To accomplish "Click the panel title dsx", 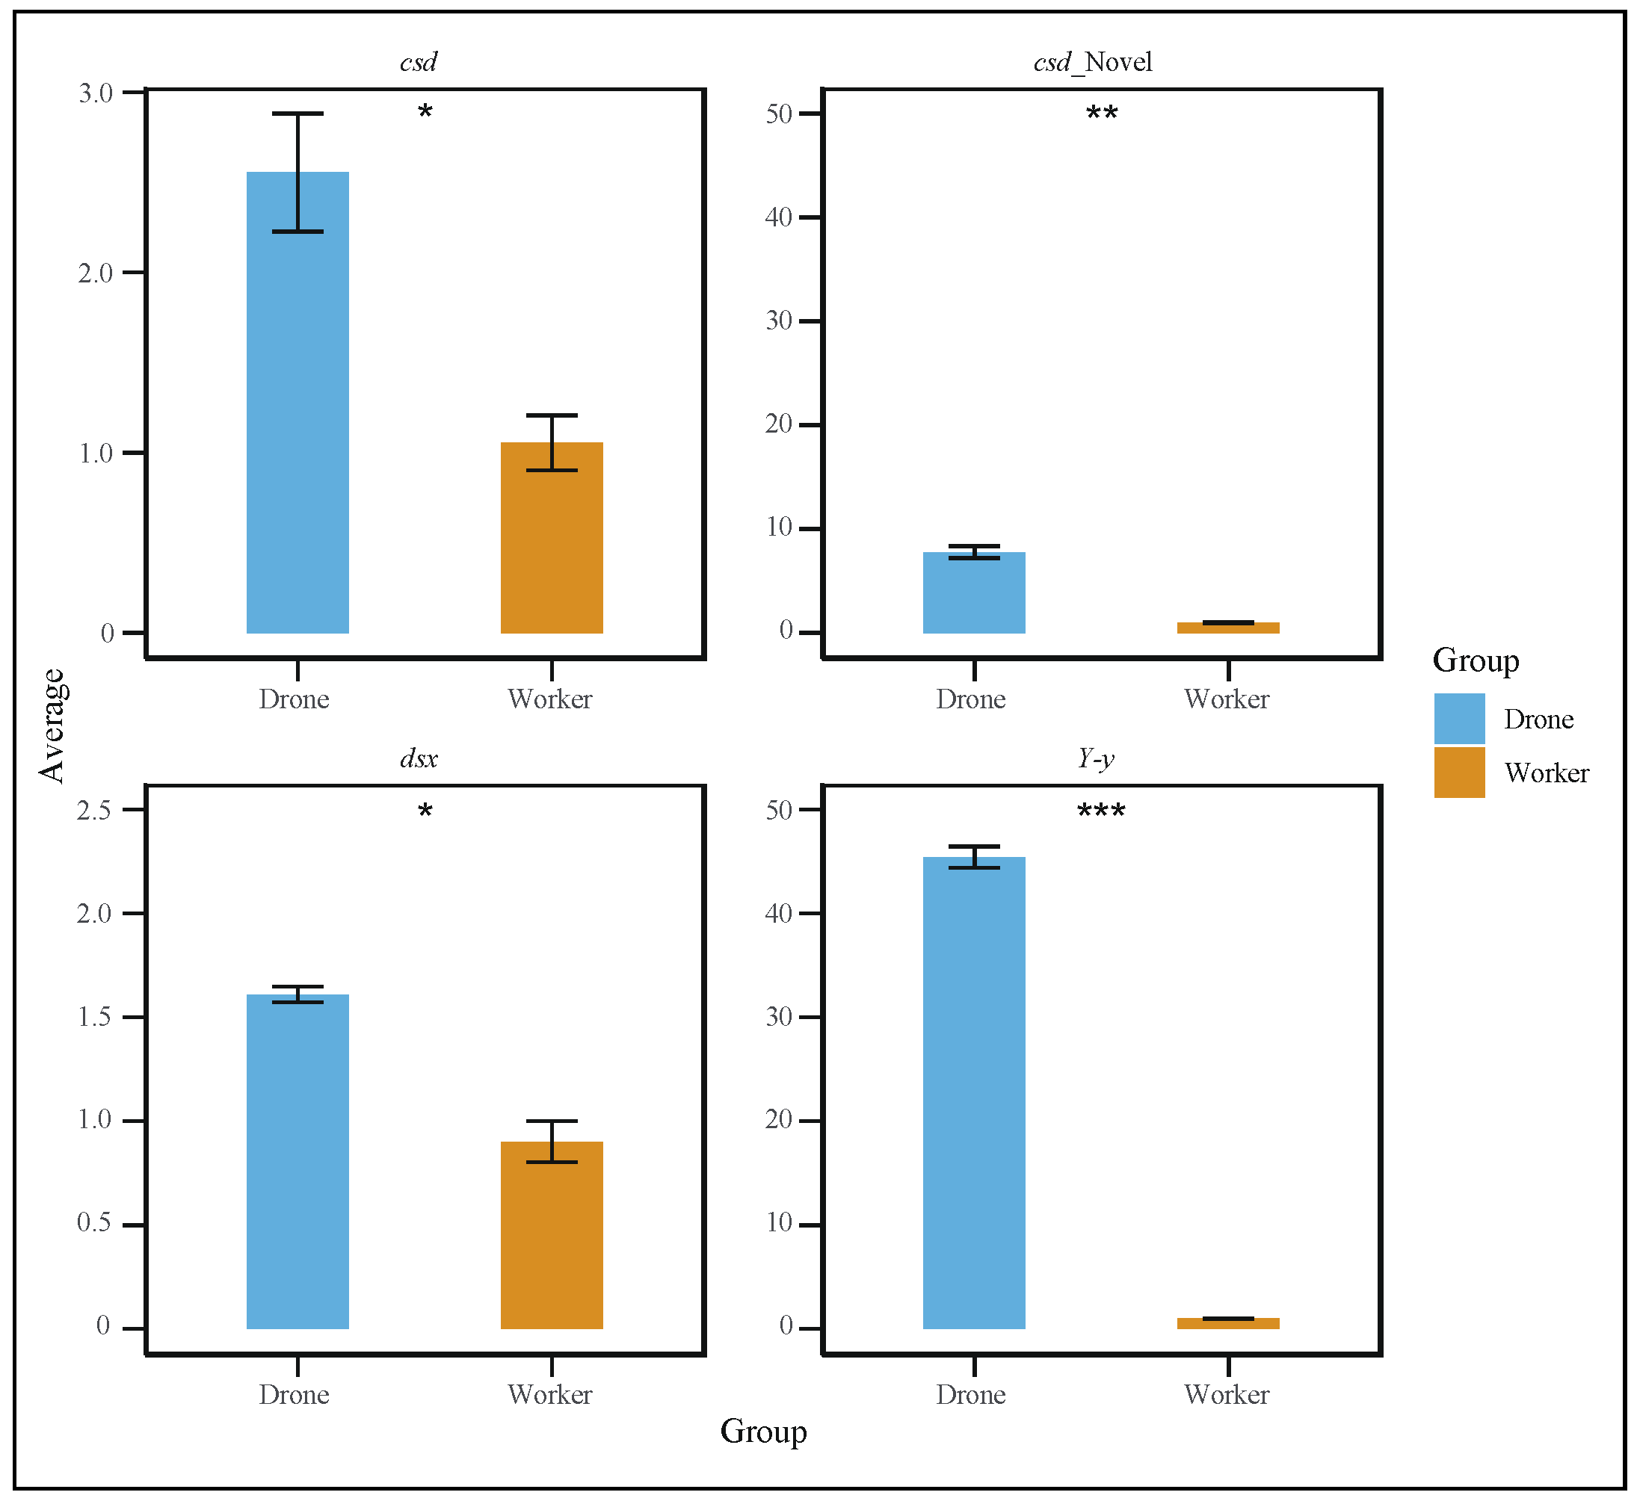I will (419, 759).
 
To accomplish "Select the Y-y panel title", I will (1095, 759).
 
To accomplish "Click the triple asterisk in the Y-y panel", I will (1100, 811).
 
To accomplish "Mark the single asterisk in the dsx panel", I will (425, 811).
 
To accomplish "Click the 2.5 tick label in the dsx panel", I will (93, 811).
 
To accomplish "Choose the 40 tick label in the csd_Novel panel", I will (778, 217).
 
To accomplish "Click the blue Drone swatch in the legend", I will (1459, 719).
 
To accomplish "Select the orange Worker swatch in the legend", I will (1459, 773).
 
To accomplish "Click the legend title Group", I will (1475, 660).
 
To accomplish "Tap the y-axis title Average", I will (53, 726).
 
